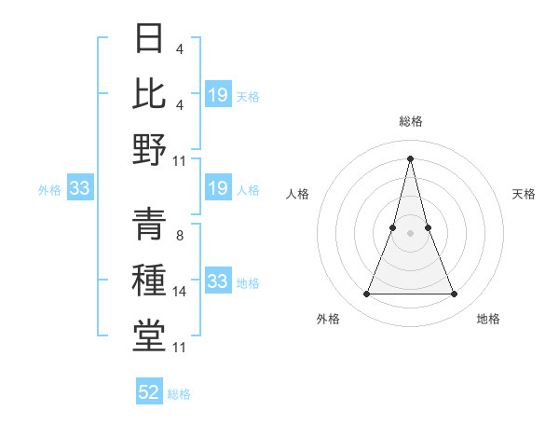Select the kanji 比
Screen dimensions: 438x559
(149, 92)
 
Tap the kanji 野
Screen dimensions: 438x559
(149, 148)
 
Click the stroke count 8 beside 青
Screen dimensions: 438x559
(180, 236)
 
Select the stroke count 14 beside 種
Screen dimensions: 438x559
(181, 292)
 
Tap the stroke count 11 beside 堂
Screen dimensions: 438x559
(181, 348)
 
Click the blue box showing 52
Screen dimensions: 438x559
(149, 392)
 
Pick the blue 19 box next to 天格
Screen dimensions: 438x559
(217, 94)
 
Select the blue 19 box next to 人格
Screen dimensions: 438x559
(217, 189)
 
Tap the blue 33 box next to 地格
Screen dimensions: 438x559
(217, 281)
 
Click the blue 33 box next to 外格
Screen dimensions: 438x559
(79, 189)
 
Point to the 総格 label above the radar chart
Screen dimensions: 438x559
(411, 121)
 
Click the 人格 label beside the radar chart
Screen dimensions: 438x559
(298, 194)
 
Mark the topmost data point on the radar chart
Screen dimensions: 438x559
(411, 157)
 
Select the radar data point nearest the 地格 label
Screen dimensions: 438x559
(455, 294)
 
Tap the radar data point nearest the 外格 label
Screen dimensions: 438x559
(366, 294)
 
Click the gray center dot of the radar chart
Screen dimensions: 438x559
(411, 233)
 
